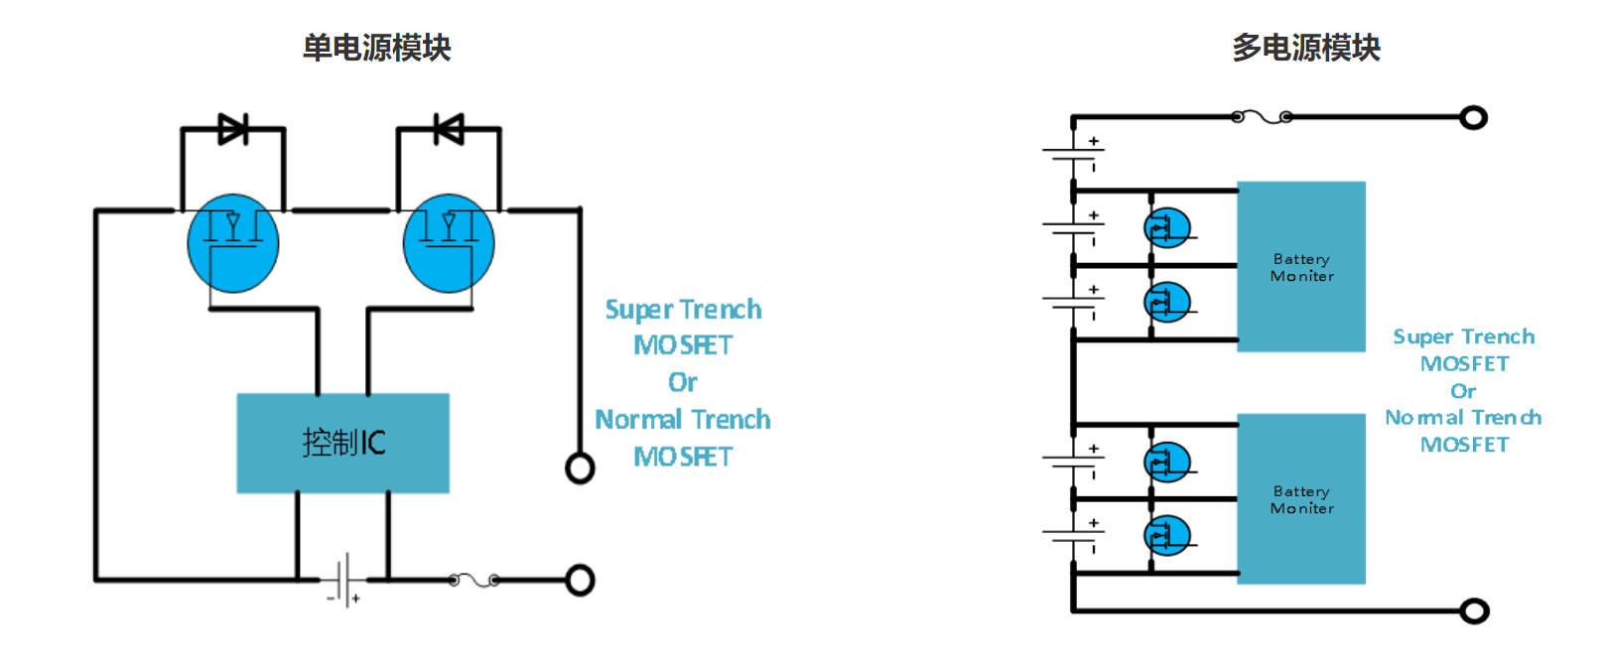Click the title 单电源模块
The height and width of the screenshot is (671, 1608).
point(376,48)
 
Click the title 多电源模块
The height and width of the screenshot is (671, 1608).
point(1306,48)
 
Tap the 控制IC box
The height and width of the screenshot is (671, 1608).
point(343,443)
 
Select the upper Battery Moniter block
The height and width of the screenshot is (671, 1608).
point(1300,266)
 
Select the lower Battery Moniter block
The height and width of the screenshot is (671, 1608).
point(1300,498)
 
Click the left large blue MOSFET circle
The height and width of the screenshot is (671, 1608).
point(232,243)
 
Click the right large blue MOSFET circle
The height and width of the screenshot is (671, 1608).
point(449,243)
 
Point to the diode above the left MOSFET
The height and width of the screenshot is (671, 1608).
point(233,129)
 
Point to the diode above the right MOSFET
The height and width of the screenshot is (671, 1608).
point(449,129)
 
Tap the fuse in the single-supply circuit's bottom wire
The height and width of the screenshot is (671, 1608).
point(473,580)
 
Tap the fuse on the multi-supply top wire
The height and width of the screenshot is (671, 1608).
point(1262,117)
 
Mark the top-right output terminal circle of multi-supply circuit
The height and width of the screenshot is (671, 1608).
point(1473,117)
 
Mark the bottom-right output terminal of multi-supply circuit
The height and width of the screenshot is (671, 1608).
point(1474,610)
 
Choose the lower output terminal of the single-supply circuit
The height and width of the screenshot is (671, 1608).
point(580,580)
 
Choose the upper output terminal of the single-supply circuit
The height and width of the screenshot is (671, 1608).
point(580,469)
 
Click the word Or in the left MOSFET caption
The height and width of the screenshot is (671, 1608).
point(683,382)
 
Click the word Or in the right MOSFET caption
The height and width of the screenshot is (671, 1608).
point(1463,391)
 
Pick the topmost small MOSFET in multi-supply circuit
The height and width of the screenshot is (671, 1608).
point(1167,227)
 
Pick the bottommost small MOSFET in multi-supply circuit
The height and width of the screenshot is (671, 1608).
point(1167,535)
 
